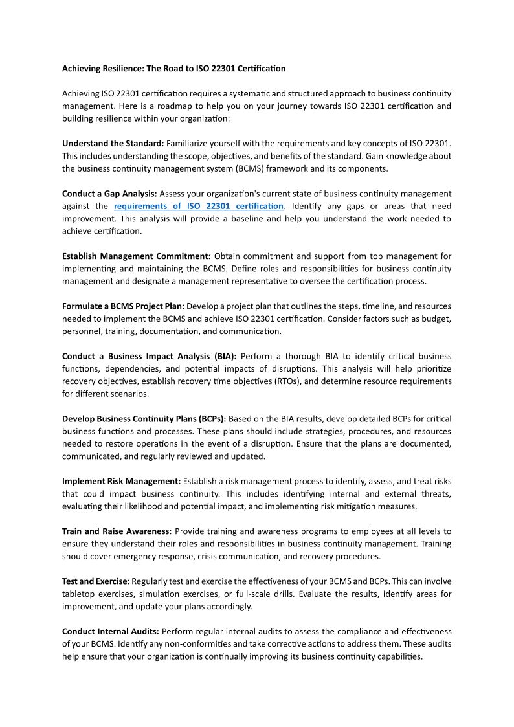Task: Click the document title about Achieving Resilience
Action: coord(173,68)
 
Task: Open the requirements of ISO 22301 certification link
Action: coord(199,206)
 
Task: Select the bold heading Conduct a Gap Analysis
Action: coord(109,194)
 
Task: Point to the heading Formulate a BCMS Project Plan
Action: coord(123,306)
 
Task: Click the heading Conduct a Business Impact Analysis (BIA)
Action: coord(149,356)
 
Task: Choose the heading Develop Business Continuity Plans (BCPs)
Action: coord(144,419)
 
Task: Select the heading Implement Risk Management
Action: coord(121,481)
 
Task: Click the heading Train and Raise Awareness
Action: coord(117,531)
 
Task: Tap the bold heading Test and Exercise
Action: coord(96,581)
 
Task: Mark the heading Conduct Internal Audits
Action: coord(111,631)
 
